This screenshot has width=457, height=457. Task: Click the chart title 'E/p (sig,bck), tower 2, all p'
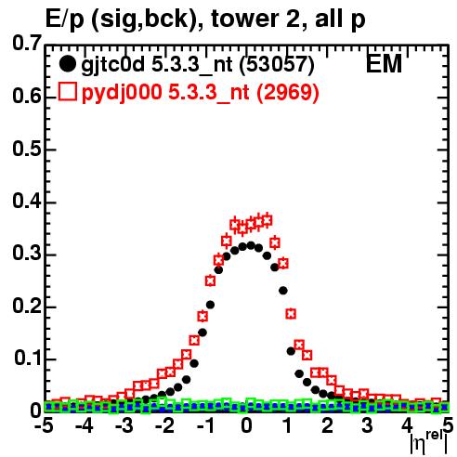205,19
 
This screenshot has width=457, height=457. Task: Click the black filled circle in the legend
67,64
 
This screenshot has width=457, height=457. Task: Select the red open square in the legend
67,91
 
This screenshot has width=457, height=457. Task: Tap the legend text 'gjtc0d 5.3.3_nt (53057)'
198,65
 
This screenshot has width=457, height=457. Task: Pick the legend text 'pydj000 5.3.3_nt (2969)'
200,92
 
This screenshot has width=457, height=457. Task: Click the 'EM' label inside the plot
384,63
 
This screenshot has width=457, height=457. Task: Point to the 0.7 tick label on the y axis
27,43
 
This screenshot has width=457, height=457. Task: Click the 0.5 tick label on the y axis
27,149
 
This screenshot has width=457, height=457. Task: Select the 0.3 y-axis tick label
27,254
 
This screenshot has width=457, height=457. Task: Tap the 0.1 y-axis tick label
28,359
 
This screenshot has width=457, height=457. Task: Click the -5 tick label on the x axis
44,425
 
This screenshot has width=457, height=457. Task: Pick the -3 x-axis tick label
124,425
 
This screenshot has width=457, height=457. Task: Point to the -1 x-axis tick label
205,425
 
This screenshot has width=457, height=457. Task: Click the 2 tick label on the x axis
327,425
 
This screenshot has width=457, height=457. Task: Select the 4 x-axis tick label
408,425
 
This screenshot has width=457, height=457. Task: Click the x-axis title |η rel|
429,442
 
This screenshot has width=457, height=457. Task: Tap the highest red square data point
267,220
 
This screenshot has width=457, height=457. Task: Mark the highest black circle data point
251,246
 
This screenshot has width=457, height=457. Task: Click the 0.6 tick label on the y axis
27,97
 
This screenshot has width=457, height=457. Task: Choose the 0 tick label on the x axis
246,425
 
